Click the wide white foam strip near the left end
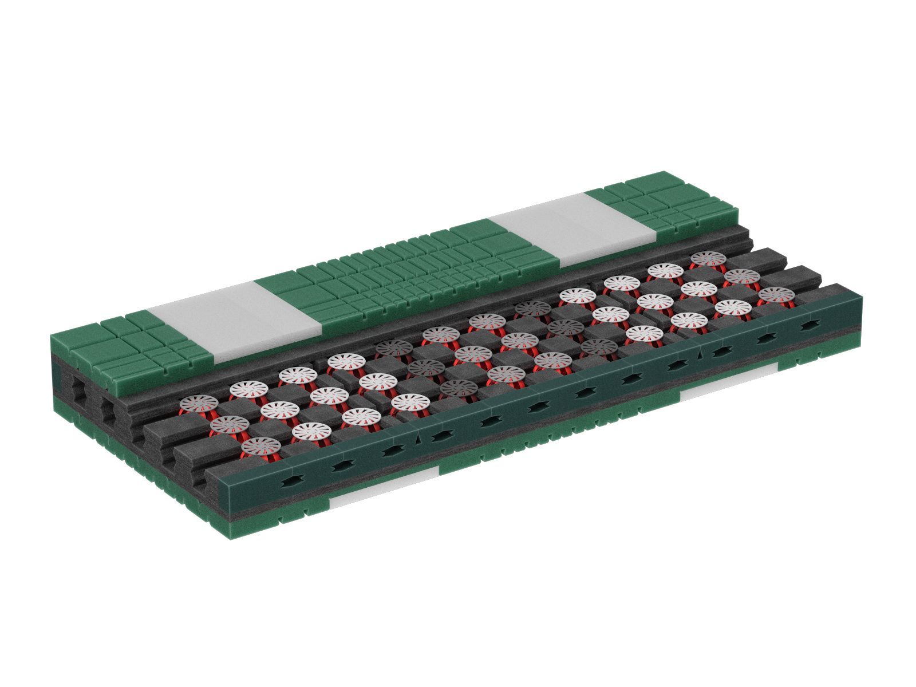(235, 321)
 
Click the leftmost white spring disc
(199, 402)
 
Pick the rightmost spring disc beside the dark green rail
(776, 295)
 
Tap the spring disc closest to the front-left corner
(261, 445)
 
